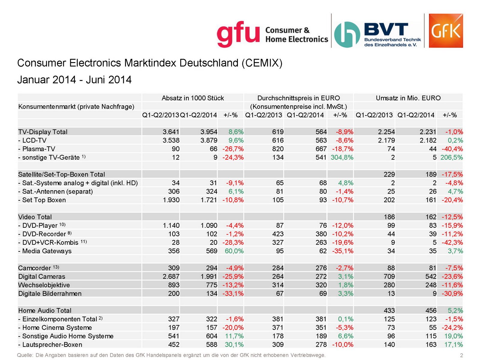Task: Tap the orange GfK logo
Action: tap(446, 31)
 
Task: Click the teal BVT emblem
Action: tap(347, 34)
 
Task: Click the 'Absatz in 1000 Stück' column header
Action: tap(193, 98)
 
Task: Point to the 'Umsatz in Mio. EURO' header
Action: tap(408, 98)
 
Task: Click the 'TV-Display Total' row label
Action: tap(43, 132)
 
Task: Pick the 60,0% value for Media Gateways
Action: tap(234, 251)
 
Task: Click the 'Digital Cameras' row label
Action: tap(42, 277)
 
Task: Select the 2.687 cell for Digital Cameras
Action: tap(171, 277)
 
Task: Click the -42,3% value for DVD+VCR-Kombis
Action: tap(452, 242)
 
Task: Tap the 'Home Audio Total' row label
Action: tap(45, 310)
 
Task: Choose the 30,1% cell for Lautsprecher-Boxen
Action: tap(234, 345)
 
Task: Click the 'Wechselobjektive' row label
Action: tap(44, 285)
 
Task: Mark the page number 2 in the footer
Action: tap(461, 355)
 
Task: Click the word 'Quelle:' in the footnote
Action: tap(25, 355)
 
